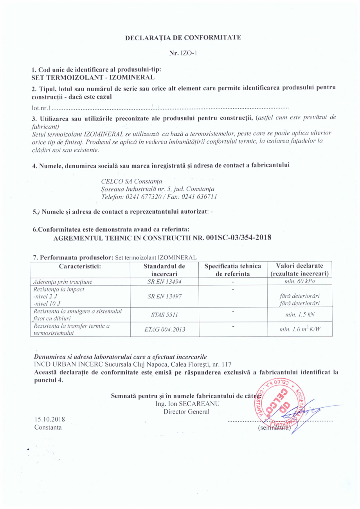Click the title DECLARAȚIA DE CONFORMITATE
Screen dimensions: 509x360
183,38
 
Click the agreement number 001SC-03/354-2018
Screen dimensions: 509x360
238,237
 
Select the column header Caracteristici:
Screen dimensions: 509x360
80,266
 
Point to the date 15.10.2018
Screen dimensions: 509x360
50,419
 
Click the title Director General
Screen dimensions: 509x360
186,411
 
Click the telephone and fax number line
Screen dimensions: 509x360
159,196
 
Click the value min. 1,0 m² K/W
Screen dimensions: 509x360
300,329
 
